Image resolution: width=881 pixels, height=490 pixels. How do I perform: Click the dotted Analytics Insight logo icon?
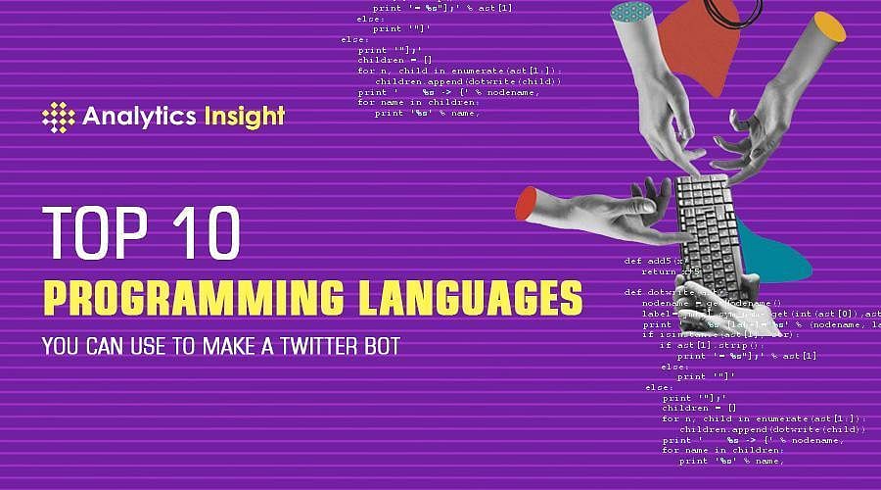coord(58,117)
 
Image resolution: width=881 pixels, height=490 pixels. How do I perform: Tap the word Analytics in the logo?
coord(139,117)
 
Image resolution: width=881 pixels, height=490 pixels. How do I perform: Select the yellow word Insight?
coord(244,117)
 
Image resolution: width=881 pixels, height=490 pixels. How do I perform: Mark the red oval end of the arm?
coord(528,202)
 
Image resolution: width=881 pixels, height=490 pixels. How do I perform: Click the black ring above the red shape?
coord(731,11)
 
